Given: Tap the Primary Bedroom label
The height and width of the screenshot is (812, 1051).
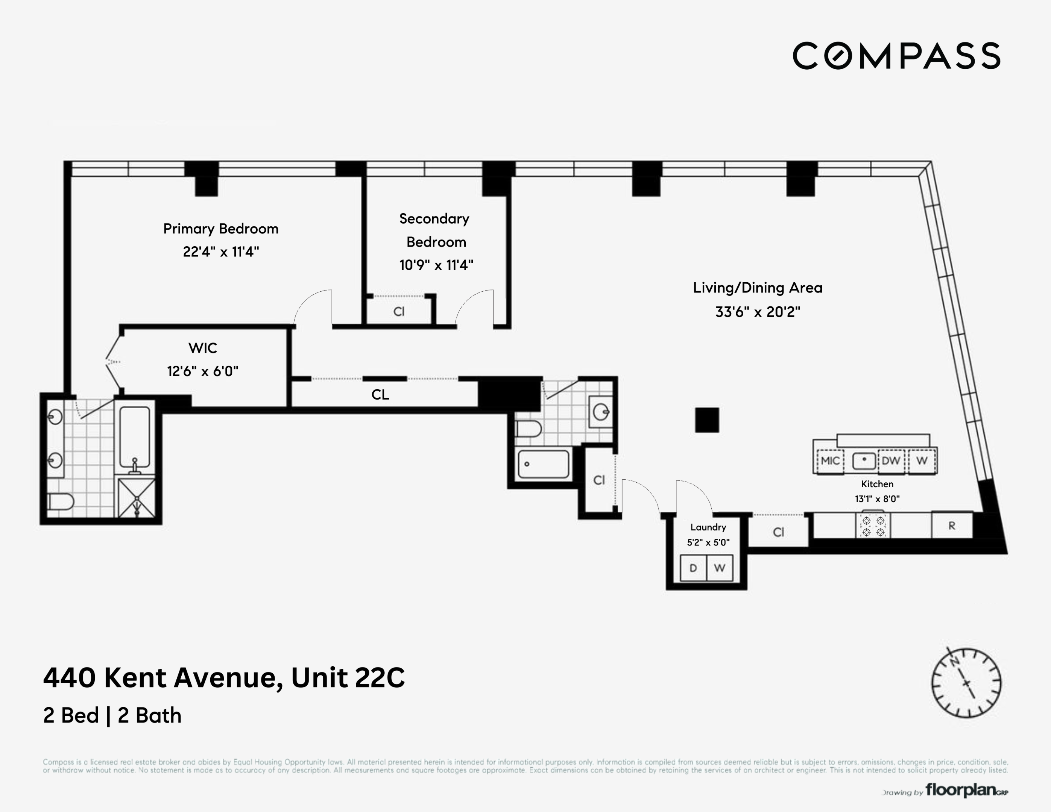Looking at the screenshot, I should coord(220,229).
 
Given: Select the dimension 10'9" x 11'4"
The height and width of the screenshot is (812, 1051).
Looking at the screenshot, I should coord(436,265).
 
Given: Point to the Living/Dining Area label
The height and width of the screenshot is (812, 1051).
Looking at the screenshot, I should coord(758,288).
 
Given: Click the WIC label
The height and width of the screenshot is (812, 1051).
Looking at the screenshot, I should coord(203,348).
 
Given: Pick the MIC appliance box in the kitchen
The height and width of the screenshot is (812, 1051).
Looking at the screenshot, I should coord(830,461).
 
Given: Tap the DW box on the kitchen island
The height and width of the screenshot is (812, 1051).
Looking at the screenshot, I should coord(891,461).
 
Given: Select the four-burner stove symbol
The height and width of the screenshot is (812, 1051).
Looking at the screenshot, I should coord(873,526).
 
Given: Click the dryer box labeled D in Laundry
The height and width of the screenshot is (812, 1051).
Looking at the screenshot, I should coord(693,568).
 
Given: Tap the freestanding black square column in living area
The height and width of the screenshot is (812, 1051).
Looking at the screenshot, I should coord(707,420).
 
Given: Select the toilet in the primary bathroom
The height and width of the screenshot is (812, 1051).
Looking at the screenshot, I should coord(60,502).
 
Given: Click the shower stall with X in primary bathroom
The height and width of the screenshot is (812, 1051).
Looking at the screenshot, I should coord(137,497).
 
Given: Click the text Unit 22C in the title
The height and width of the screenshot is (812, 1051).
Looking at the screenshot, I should coord(348,678).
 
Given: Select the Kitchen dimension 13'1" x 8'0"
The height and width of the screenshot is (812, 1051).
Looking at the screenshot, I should coord(877,499).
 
